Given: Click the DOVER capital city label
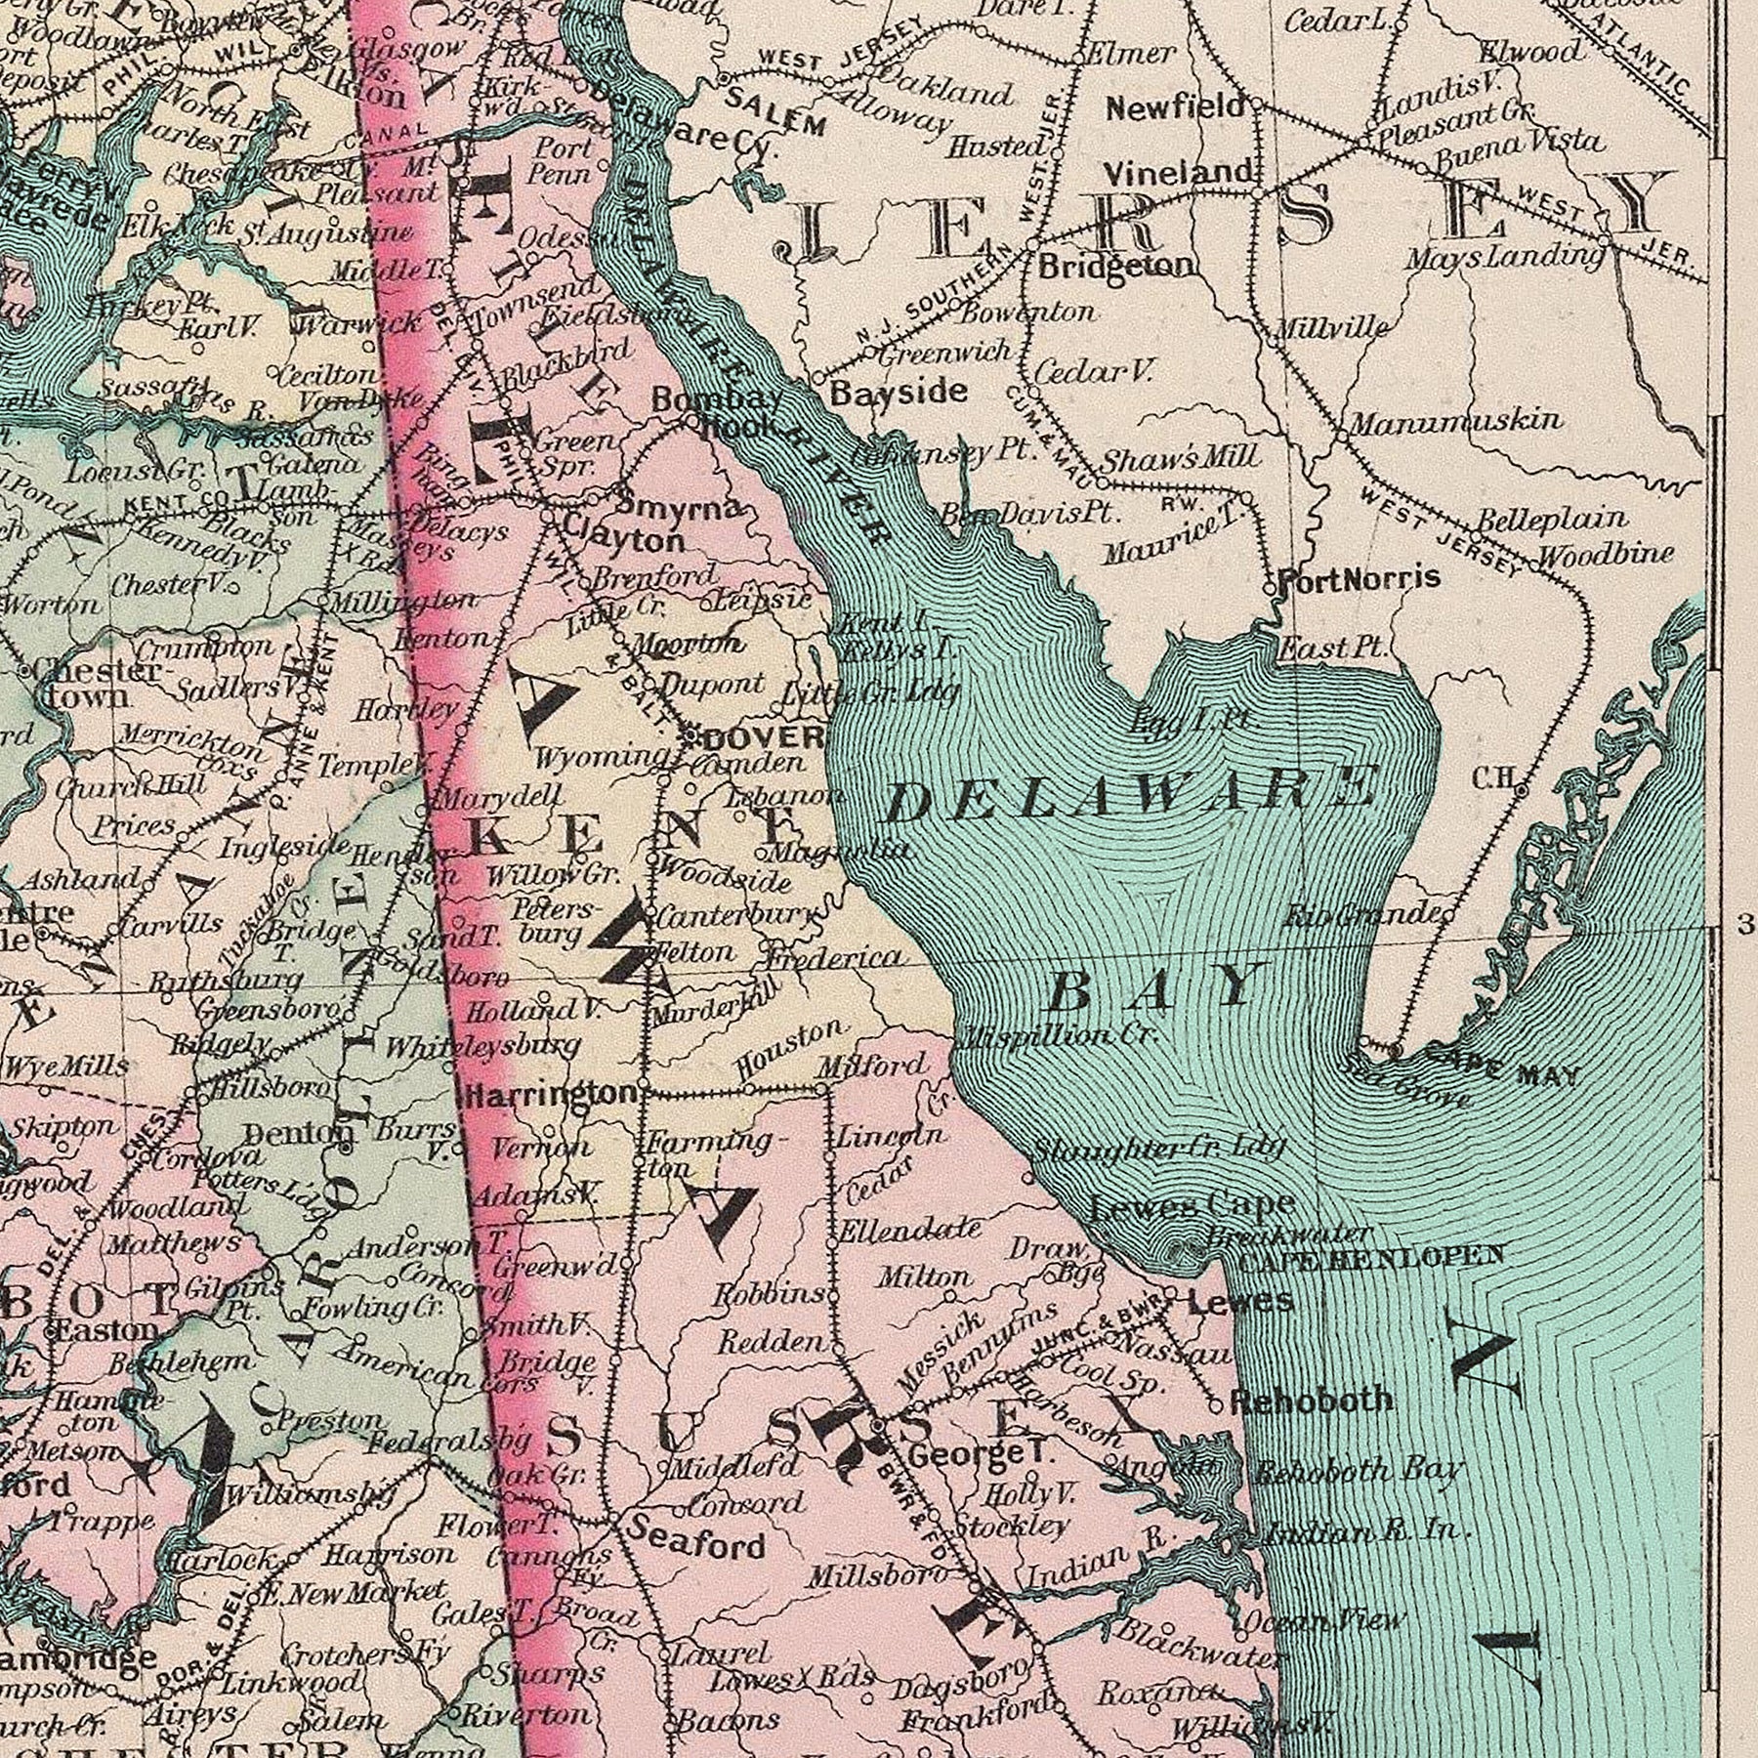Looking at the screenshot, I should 757,736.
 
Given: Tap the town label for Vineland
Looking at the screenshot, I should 1178,174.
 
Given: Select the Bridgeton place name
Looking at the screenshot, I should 1115,266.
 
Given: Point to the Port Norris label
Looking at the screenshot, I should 1359,577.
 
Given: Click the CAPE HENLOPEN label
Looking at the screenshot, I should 1371,1256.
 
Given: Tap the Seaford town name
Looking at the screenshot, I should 695,1545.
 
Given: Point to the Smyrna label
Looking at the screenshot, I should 681,507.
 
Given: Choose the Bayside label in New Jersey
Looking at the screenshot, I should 899,393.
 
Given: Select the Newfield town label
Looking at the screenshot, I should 1175,106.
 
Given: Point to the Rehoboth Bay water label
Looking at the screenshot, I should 1357,1470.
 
